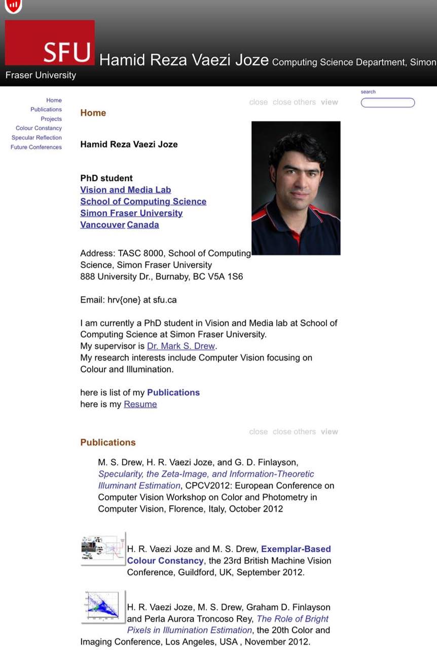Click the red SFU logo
(x=50, y=43)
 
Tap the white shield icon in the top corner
(x=13, y=6)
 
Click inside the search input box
(x=388, y=103)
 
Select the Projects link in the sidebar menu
(x=51, y=119)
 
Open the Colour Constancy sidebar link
(x=39, y=128)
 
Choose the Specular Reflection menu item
(x=37, y=138)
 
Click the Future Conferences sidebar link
(x=36, y=147)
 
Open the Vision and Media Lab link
(x=126, y=190)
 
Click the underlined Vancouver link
(x=102, y=225)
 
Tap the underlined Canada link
(x=143, y=225)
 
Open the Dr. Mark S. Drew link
(x=181, y=346)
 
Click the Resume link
(x=140, y=404)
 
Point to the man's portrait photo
(x=296, y=188)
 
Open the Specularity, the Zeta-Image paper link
(x=206, y=474)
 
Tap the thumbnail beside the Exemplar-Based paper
(x=103, y=548)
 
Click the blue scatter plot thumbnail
(x=103, y=606)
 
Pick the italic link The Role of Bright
(x=293, y=619)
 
